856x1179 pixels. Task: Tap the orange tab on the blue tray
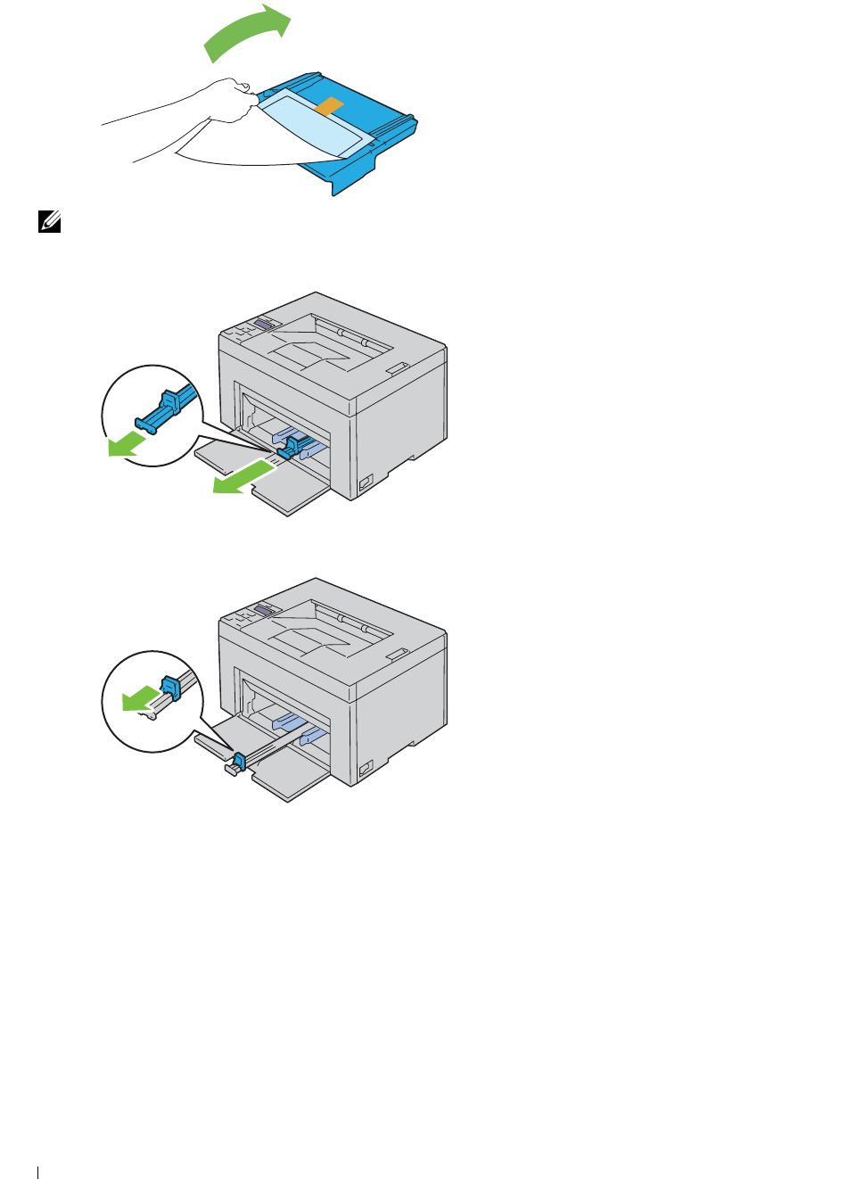pyautogui.click(x=329, y=107)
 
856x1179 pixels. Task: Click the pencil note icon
pyautogui.click(x=50, y=221)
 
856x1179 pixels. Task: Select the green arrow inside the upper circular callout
pyautogui.click(x=126, y=442)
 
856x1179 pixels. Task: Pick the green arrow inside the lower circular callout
pyautogui.click(x=136, y=700)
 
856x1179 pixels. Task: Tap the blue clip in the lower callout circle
pyautogui.click(x=170, y=688)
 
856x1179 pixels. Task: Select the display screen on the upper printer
pyautogui.click(x=264, y=323)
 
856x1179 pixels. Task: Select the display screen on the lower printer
pyautogui.click(x=264, y=609)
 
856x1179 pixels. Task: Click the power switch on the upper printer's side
pyautogui.click(x=365, y=482)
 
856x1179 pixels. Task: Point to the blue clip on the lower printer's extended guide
pyautogui.click(x=238, y=762)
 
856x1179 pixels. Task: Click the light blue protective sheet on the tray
pyautogui.click(x=312, y=126)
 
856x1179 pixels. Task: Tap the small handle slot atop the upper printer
pyautogui.click(x=396, y=367)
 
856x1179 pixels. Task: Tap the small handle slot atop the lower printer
pyautogui.click(x=396, y=654)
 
